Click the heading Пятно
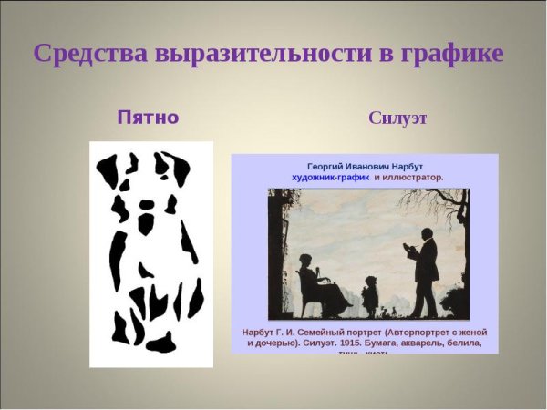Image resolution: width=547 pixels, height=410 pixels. (148, 118)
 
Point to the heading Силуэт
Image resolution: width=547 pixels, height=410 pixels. (398, 118)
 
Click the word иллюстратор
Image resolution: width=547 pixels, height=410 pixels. (414, 178)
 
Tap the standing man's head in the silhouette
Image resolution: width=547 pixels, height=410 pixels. (427, 236)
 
